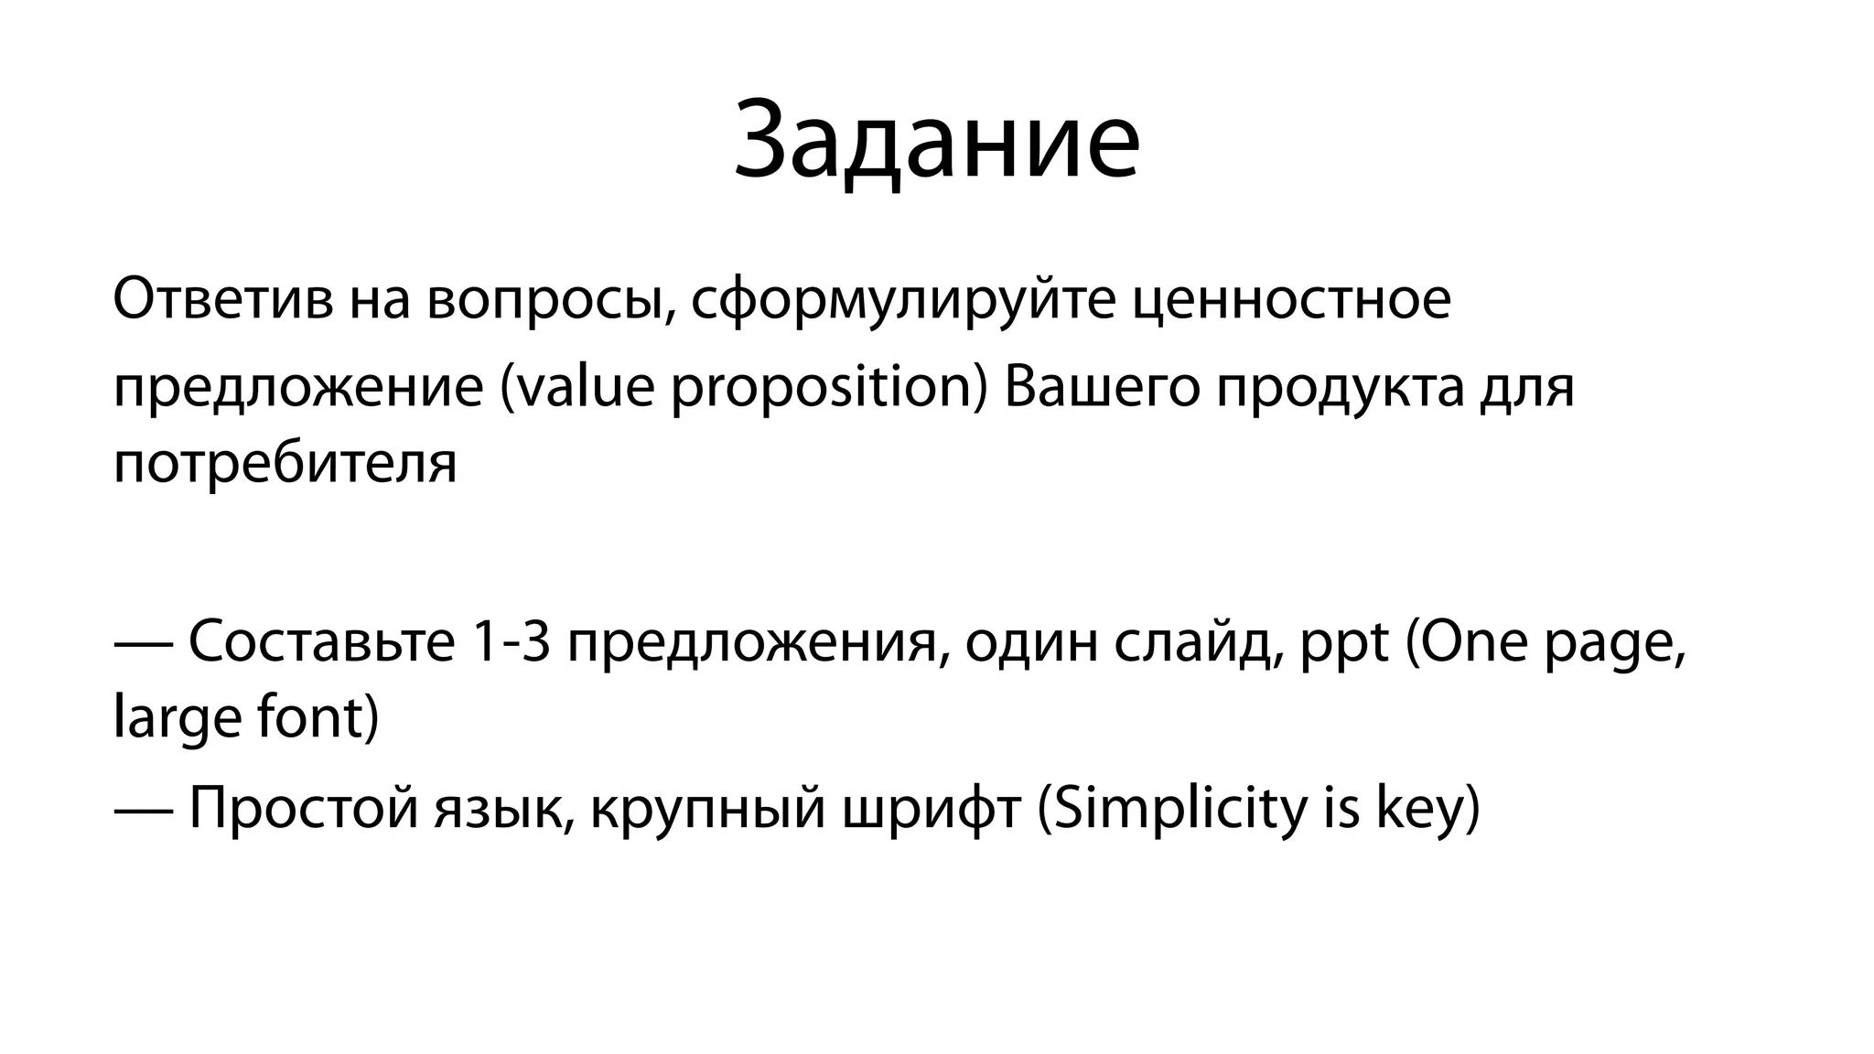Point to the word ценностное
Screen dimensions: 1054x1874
(1291, 300)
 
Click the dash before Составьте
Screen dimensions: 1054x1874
(143, 643)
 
